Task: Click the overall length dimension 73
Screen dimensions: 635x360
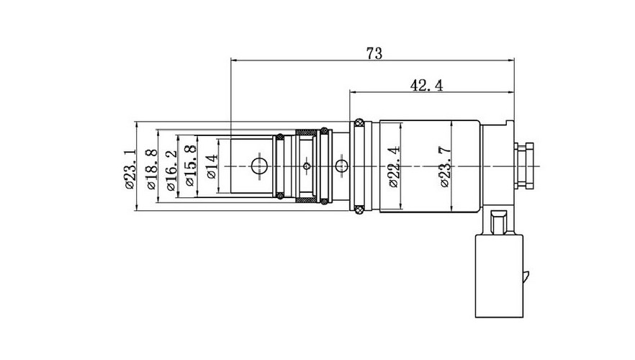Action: coord(374,53)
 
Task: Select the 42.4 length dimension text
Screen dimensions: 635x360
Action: coord(426,86)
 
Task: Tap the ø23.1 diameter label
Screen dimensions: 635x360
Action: coord(130,169)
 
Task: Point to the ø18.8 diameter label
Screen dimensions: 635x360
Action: coord(150,169)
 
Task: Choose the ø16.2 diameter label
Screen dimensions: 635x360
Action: coord(171,171)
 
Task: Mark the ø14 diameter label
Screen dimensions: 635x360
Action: coord(212,166)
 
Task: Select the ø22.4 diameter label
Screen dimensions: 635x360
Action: coord(394,166)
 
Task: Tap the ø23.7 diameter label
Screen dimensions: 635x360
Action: coord(445,166)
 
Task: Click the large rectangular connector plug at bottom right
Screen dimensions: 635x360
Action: coord(499,275)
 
